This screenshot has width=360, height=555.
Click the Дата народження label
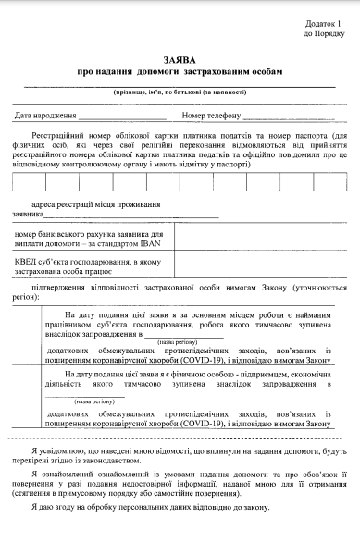tap(45, 117)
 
